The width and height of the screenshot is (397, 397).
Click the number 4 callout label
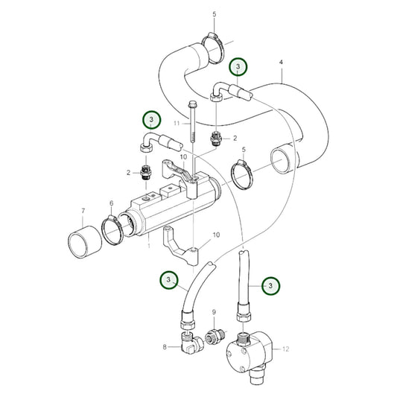pos(281,63)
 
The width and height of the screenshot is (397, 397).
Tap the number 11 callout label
pos(177,121)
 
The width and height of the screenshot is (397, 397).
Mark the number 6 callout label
pos(111,204)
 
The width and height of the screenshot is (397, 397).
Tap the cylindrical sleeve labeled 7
pos(83,243)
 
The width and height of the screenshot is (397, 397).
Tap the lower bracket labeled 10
pos(187,253)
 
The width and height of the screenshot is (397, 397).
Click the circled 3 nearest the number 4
pos(238,67)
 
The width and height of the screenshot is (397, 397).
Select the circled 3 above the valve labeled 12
pos(272,285)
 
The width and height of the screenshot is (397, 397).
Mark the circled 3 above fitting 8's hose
pos(169,280)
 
